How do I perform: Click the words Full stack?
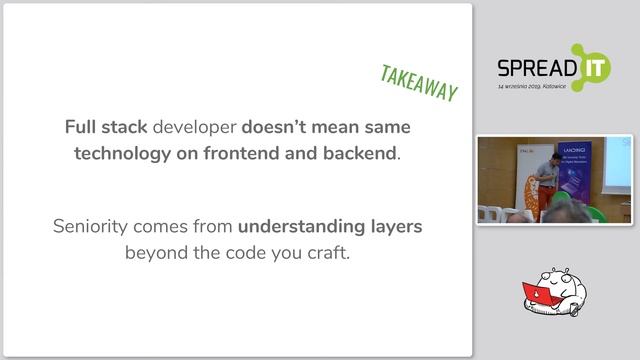106,128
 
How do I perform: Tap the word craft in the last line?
326,252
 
